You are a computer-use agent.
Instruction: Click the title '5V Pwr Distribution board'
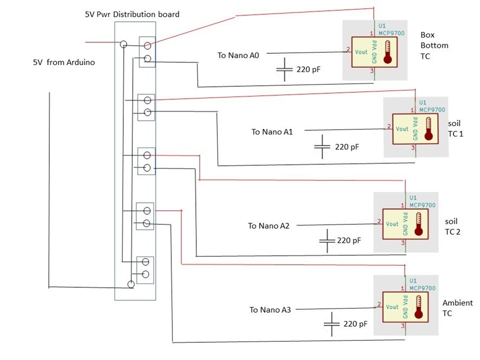(x=132, y=14)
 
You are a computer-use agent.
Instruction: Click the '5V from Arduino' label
(x=64, y=62)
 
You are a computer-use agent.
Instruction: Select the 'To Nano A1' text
(x=272, y=132)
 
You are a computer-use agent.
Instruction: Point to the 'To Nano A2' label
(x=268, y=226)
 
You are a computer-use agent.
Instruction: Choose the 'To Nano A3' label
(x=270, y=310)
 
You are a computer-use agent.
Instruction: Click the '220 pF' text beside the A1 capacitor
(x=347, y=146)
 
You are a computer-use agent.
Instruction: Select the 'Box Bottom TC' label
(x=434, y=46)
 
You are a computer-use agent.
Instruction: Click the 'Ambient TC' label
(x=457, y=308)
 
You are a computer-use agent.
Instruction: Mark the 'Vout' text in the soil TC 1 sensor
(x=402, y=129)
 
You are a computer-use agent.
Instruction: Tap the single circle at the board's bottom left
(x=131, y=284)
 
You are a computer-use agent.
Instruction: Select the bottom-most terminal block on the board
(x=145, y=268)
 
